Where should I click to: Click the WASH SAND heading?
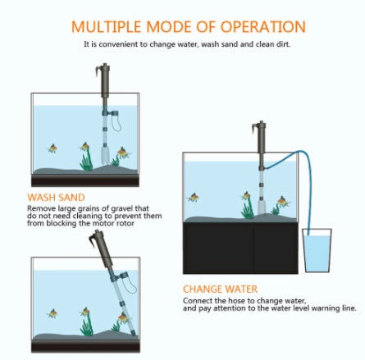[x=56, y=198]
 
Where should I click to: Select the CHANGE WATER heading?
[x=220, y=289]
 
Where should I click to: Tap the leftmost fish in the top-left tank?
[x=52, y=148]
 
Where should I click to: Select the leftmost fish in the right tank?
[x=194, y=197]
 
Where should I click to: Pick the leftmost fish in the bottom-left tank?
[x=52, y=312]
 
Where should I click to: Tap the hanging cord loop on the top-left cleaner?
[x=116, y=124]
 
